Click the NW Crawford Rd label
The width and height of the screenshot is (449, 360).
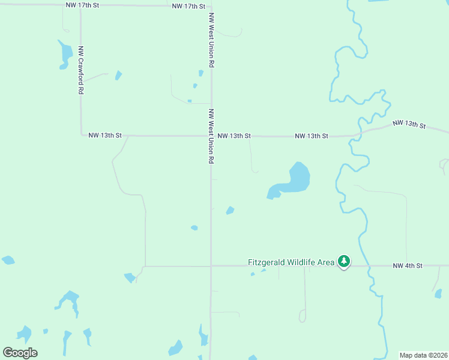(80, 71)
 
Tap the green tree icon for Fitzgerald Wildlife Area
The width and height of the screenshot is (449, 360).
(344, 261)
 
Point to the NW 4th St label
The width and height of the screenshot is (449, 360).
(408, 265)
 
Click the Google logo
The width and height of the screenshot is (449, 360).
(20, 353)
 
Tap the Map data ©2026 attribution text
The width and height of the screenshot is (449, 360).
(424, 355)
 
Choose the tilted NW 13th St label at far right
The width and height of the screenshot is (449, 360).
(409, 125)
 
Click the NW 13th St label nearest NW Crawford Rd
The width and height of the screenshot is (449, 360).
(105, 136)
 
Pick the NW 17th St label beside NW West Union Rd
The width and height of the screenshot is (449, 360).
(188, 6)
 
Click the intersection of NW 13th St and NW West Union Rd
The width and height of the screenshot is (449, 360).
(211, 136)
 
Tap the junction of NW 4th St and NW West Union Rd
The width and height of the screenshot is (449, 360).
(211, 266)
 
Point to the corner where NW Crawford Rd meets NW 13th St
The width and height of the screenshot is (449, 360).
(82, 135)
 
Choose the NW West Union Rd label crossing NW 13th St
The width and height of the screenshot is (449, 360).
(211, 137)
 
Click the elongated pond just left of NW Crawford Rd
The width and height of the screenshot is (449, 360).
(64, 54)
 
